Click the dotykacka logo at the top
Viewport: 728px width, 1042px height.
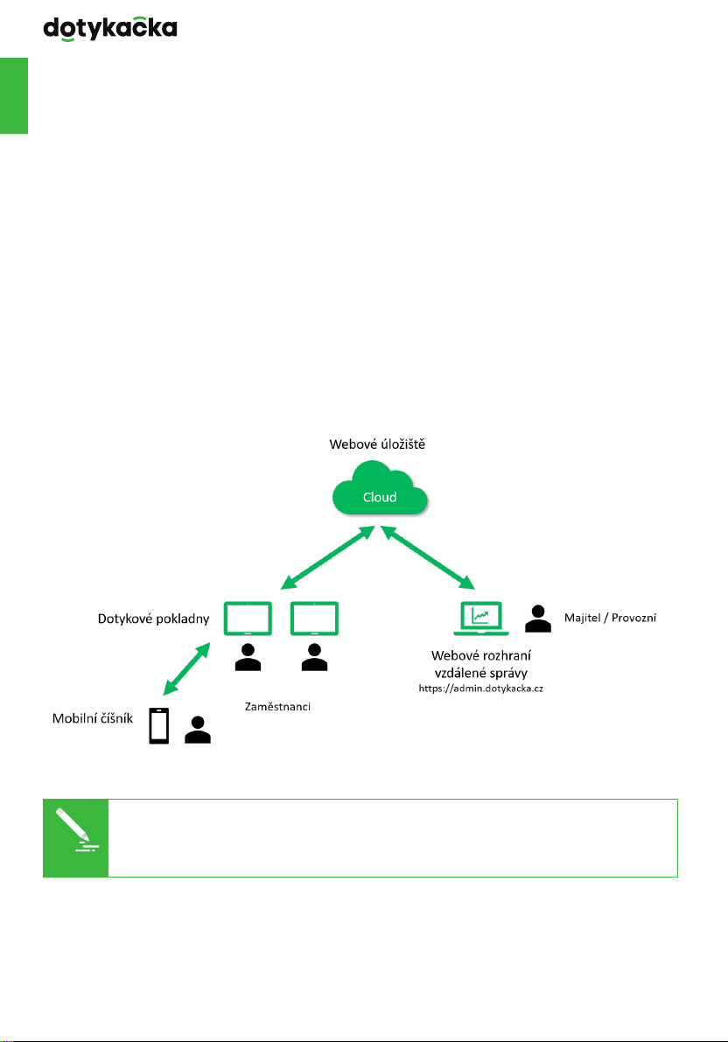[x=110, y=29]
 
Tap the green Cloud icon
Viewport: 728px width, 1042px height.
[x=380, y=488]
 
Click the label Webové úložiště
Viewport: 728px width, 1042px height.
[x=377, y=444]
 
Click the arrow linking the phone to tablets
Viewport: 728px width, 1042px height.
[x=187, y=668]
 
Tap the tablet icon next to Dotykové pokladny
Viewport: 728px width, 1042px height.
[x=248, y=619]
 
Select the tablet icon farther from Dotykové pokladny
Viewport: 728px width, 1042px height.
[x=314, y=619]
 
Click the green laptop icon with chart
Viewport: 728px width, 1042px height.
[x=480, y=619]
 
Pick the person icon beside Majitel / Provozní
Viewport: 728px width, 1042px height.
[x=538, y=619]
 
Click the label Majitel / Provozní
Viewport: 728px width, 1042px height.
[x=611, y=618]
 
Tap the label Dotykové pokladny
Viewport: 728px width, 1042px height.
[x=154, y=619]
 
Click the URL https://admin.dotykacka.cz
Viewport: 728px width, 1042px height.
[x=480, y=689]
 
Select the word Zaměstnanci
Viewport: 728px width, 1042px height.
[x=277, y=706]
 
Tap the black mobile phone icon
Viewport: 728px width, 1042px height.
[x=159, y=725]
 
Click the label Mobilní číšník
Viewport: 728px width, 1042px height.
[x=93, y=718]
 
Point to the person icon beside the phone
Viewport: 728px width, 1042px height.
[x=198, y=730]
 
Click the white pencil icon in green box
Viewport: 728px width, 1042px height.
[x=76, y=829]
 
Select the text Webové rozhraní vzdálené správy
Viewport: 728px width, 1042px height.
[x=480, y=664]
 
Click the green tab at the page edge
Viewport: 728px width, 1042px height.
[x=14, y=95]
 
